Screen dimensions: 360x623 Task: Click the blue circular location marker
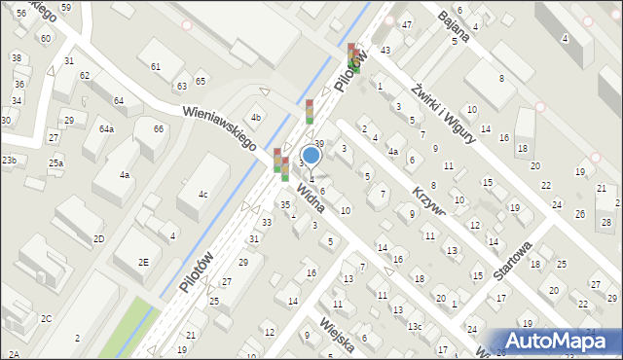coord(311,155)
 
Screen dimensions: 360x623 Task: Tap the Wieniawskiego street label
coord(219,127)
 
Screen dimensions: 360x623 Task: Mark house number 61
coord(156,66)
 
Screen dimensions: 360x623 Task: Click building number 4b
coord(256,119)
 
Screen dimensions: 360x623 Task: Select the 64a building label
coord(106,129)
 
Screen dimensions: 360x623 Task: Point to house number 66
coord(158,129)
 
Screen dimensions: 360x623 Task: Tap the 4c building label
coord(202,195)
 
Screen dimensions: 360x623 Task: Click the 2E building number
coord(143,263)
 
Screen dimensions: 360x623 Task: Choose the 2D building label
coord(98,238)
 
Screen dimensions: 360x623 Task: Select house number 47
coord(407,23)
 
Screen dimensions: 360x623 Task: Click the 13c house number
coord(415,326)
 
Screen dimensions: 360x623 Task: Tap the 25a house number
coord(55,162)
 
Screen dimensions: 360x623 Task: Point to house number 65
coord(200,81)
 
